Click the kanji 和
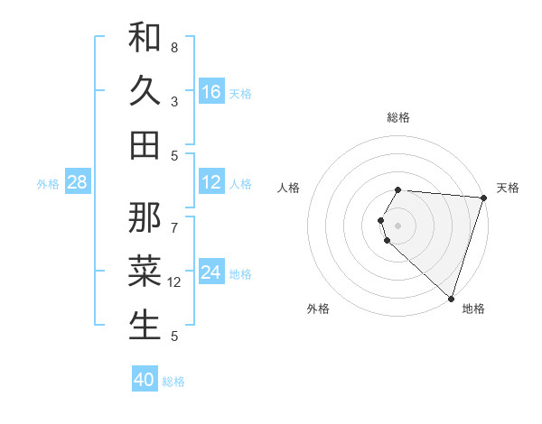point(145,37)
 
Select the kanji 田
point(145,144)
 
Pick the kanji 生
point(145,325)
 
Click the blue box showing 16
point(211,91)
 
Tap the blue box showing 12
point(211,182)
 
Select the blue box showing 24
point(211,272)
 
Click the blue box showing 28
point(78,182)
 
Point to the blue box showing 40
point(145,380)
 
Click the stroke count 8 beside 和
point(174,47)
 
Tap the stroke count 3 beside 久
point(174,101)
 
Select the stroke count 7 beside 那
point(174,219)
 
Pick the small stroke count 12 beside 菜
point(174,282)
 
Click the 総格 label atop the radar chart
point(398,117)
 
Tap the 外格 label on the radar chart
point(318,309)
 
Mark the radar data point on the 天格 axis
point(483,198)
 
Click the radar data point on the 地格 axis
point(451,299)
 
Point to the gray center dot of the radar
point(398,225)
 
